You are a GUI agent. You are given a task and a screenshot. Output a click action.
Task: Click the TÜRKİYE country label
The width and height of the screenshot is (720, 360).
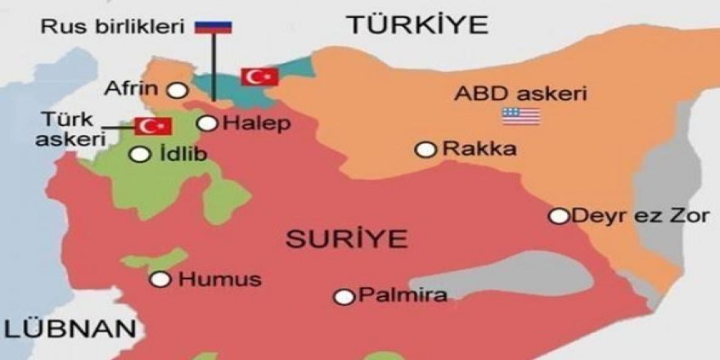(x=417, y=24)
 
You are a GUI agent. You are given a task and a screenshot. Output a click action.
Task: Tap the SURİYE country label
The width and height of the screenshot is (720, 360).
(x=346, y=240)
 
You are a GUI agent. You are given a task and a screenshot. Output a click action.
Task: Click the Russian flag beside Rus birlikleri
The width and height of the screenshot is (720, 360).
(x=214, y=27)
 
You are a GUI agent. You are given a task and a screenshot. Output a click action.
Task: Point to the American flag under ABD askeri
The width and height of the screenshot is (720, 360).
(x=521, y=116)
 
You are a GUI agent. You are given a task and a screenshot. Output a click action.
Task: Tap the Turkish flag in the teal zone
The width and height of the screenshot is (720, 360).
(x=259, y=77)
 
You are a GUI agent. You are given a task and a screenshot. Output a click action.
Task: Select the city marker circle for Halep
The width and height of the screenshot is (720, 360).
(x=209, y=124)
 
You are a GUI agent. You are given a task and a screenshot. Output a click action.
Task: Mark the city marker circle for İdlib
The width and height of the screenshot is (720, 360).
(x=142, y=153)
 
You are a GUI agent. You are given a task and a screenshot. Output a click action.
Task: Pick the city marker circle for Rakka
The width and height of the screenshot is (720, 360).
(x=425, y=149)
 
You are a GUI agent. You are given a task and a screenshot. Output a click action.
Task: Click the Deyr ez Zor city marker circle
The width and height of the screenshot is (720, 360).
(x=559, y=216)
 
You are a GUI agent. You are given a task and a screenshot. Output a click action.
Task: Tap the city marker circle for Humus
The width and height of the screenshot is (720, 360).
(x=161, y=279)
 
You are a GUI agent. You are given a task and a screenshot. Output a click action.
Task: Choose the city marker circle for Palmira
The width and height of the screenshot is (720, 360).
(x=345, y=296)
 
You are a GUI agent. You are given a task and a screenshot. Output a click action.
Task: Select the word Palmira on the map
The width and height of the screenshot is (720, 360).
(x=403, y=295)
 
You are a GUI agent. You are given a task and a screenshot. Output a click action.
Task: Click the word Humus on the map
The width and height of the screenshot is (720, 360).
(x=219, y=279)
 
